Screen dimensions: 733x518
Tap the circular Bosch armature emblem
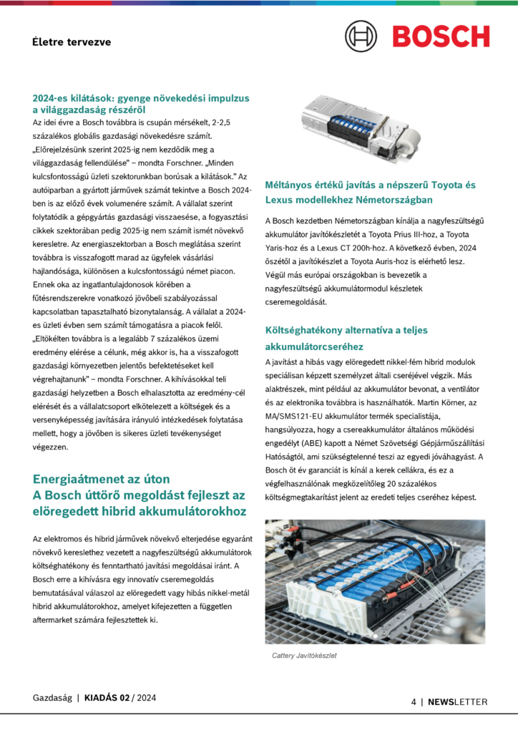pos(361,36)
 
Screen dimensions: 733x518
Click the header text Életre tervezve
pos(72,42)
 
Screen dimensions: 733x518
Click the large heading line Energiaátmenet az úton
pos(102,479)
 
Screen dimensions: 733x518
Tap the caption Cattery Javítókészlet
pos(304,655)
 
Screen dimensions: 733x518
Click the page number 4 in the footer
pos(414,702)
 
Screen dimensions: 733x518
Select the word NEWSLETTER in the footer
pos(458,702)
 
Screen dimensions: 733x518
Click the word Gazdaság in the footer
pos(52,697)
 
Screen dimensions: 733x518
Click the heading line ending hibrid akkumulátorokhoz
pos(140,511)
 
